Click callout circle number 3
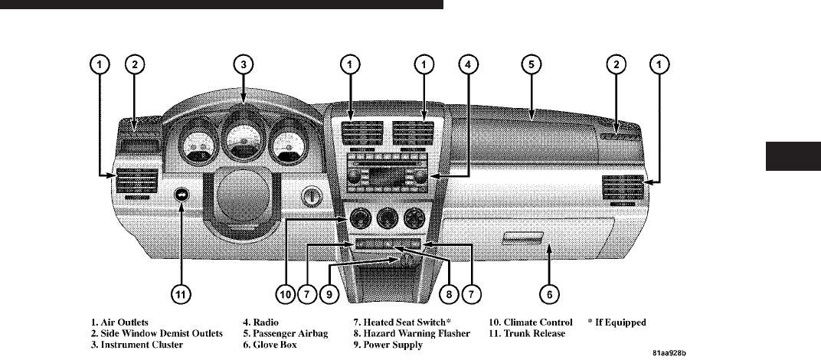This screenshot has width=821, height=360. point(243,65)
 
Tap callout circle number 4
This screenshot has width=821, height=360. point(466,65)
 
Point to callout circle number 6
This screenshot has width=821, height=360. point(551,292)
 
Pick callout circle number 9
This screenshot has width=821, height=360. point(329,292)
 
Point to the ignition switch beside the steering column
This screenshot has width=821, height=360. point(312,195)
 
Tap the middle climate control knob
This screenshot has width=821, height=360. point(384,221)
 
